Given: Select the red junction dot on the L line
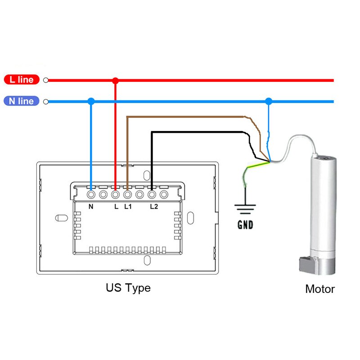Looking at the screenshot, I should [115, 81].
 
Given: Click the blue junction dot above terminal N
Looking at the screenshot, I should [91, 102].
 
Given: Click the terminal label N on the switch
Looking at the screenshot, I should [91, 207].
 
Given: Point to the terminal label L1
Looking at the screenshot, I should [128, 207].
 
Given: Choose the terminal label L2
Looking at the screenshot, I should [154, 207].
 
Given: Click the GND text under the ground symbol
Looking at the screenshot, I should [245, 225].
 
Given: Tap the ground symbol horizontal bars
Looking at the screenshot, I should [245, 209].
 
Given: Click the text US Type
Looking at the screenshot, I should [128, 288].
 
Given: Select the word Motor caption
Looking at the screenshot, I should [320, 289].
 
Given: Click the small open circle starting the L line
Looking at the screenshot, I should [46, 81].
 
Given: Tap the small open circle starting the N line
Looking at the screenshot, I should [46, 102].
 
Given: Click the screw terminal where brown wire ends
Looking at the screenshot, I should [127, 195].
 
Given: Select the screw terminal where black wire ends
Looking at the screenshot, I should [152, 195].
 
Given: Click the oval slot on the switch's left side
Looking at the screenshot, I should [60, 218].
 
